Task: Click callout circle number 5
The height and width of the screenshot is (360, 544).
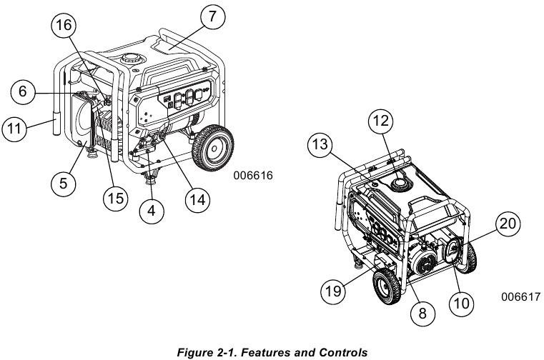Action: pos(63,184)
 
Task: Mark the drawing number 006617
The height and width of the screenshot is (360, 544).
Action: pos(520,296)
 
